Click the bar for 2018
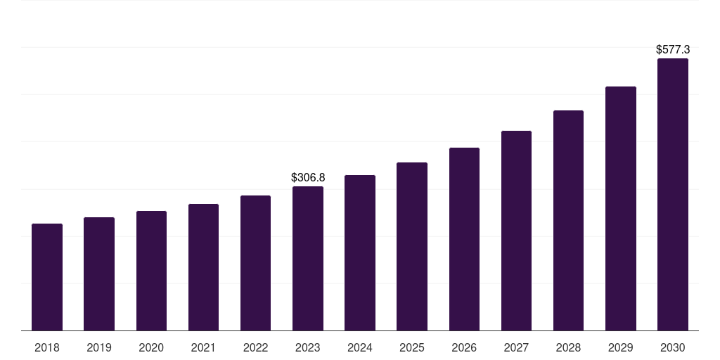point(47,277)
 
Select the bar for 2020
point(151,271)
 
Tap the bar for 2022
point(255,263)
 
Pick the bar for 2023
point(308,258)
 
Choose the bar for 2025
point(412,246)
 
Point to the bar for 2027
point(516,231)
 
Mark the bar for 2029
point(620,208)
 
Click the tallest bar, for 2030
point(673,194)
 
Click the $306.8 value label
point(308,178)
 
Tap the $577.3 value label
point(673,50)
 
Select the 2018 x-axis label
point(47,347)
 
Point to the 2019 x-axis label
point(99,347)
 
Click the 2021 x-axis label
point(203,347)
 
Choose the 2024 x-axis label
point(360,347)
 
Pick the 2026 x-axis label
point(464,347)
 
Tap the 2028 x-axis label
point(568,347)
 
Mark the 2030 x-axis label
point(673,347)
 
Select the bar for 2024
point(360,252)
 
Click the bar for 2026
point(464,239)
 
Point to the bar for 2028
point(568,220)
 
